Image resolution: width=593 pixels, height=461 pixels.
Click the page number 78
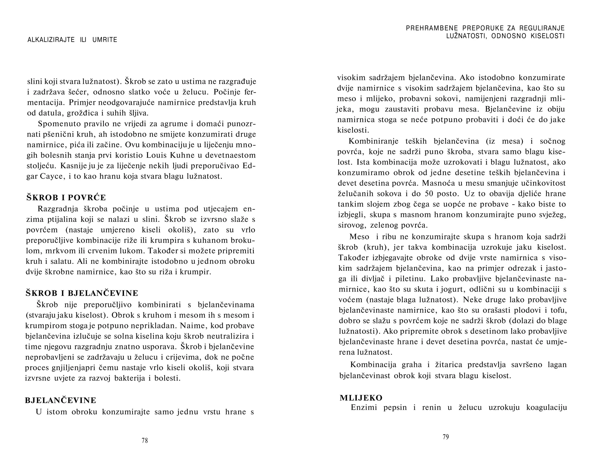coord(145,440)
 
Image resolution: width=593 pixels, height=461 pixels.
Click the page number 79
coord(446,437)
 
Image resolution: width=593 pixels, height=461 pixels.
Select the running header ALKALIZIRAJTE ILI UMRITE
coord(72,40)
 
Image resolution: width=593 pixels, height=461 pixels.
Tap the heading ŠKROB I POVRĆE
coord(66,197)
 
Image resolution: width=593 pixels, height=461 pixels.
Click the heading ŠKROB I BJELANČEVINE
coord(82,293)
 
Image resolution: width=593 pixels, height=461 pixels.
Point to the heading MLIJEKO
coord(361,398)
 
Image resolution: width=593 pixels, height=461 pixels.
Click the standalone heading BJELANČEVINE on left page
coord(61,400)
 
